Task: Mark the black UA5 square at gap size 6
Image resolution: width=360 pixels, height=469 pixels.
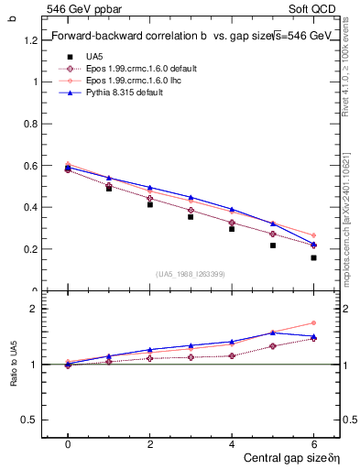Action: pos(313,257)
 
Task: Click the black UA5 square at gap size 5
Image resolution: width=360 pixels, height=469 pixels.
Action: pos(272,245)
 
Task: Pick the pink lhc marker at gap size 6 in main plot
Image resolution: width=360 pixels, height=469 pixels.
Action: pos(313,235)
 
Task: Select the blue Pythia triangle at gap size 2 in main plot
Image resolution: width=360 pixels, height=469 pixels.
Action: pos(149,187)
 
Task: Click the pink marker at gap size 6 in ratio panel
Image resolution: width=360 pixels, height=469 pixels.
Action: pos(313,322)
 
